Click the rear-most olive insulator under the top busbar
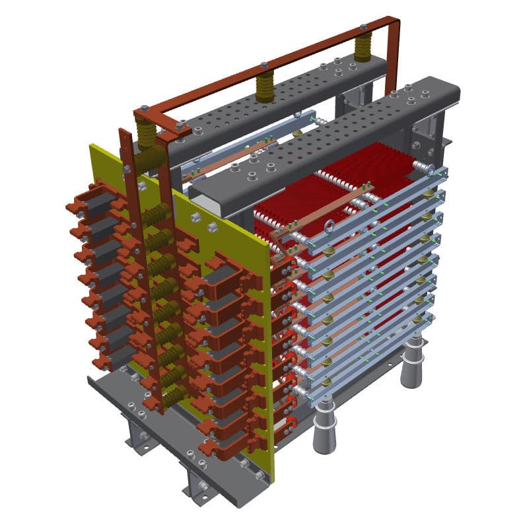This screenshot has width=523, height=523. pos(363,48)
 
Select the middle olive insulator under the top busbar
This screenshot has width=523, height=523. pos(264,87)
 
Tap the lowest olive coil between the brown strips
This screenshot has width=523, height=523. pos(174,396)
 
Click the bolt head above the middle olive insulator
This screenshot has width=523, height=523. pos(263,65)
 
